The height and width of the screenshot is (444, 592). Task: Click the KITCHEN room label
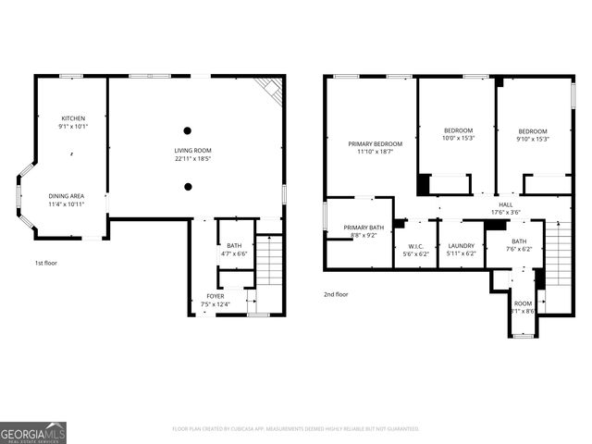coord(73,118)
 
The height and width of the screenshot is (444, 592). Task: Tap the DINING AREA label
coord(67,195)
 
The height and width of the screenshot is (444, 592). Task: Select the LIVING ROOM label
coord(193,150)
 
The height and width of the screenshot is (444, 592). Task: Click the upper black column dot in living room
coord(188,130)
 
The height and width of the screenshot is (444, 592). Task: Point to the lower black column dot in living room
coord(188,186)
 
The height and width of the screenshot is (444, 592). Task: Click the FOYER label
coord(215,296)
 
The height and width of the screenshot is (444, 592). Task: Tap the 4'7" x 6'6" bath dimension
coord(234,253)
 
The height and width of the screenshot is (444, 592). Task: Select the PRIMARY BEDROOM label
coord(376,143)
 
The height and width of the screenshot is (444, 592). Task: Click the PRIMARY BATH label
coord(363,228)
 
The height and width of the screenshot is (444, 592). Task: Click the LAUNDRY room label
coord(461,246)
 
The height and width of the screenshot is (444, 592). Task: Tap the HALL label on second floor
coord(506,204)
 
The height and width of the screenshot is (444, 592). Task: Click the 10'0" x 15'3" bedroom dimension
coord(458,139)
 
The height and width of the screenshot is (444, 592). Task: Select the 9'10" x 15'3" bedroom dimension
coord(533,139)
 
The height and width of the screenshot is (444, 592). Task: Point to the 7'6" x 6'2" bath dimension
coord(519,249)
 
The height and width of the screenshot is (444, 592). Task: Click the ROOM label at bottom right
coord(524,302)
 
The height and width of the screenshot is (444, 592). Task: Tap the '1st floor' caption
coord(46,263)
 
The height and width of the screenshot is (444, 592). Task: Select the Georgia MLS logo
coord(33,432)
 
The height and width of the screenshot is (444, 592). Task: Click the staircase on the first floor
coord(269,261)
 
